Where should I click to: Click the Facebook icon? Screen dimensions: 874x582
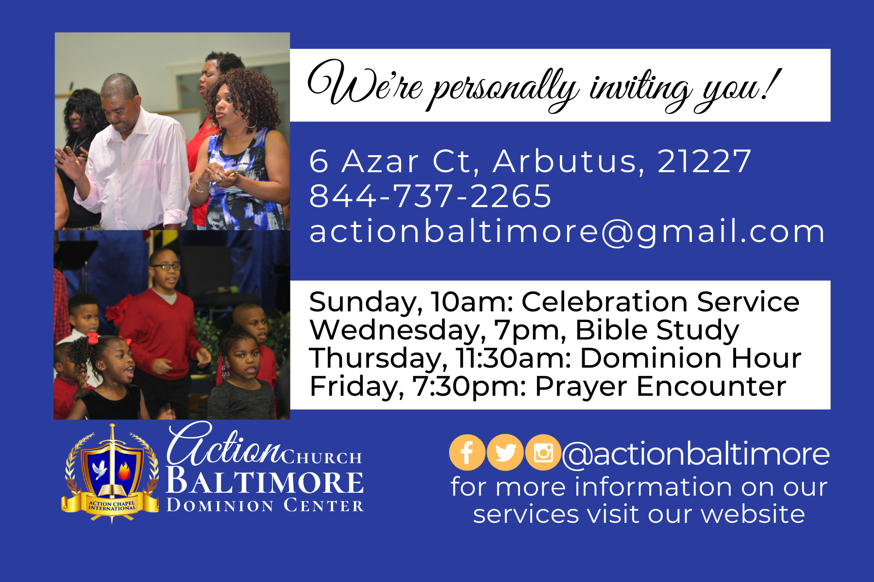pos(467,452)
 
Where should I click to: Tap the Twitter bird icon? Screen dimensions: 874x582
pos(505,452)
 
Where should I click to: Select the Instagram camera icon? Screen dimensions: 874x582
pos(543,452)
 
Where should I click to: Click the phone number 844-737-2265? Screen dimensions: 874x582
pos(430,196)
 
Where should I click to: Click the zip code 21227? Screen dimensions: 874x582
pos(704,161)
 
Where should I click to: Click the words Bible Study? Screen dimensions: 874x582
pos(657,331)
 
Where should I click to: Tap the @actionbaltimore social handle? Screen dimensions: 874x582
pos(696,454)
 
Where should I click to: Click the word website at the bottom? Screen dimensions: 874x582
pos(753,514)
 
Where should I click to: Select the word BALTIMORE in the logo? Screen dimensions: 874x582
pos(265,482)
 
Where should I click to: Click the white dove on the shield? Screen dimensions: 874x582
pos(100,469)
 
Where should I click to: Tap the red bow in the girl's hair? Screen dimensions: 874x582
pos(92,338)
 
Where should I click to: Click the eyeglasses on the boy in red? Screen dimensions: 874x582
pos(165,267)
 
